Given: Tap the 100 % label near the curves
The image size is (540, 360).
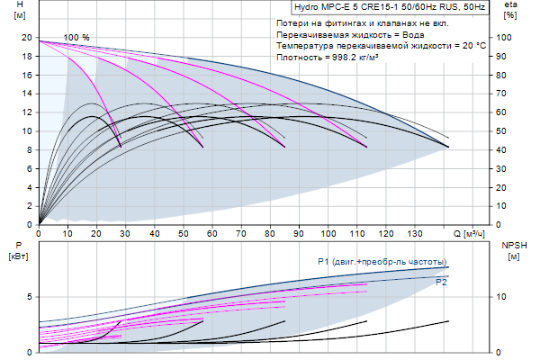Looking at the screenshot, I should pyautogui.click(x=76, y=38).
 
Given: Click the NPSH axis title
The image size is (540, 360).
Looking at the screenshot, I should pyautogui.click(x=512, y=244).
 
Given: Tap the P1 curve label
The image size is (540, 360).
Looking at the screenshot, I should pyautogui.click(x=382, y=261).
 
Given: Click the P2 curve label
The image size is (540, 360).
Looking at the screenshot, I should pyautogui.click(x=441, y=282).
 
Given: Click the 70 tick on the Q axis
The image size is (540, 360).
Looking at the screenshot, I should pyautogui.click(x=240, y=234).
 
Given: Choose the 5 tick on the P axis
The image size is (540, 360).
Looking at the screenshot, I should pyautogui.click(x=30, y=296).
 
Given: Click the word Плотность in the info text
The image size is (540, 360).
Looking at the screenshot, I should pyautogui.click(x=300, y=56).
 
